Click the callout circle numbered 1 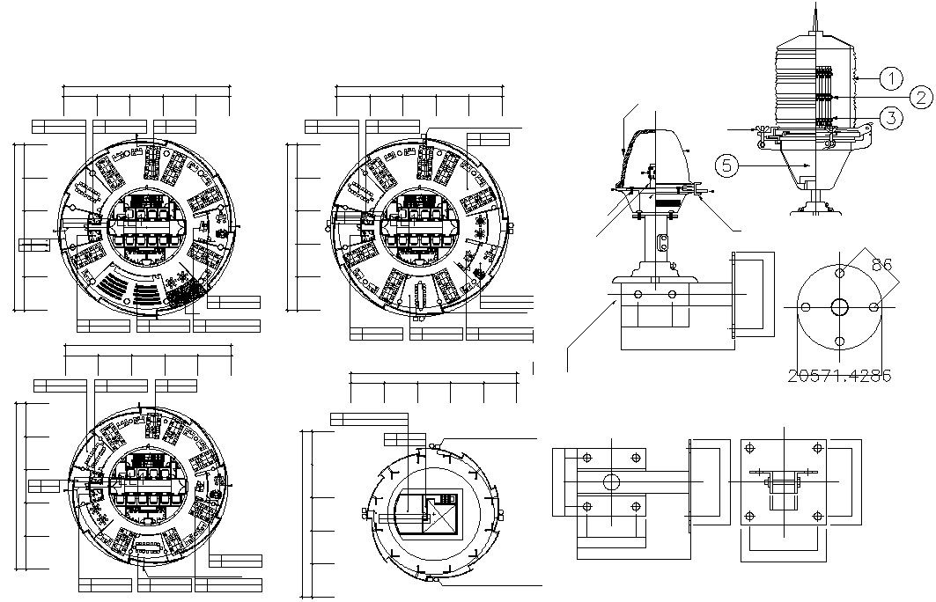coord(892,78)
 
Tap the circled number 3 coord(892,118)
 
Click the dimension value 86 coord(881,263)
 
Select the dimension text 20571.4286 coord(839,375)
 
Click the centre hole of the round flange coord(839,306)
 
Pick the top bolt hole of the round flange coord(839,273)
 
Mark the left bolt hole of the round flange coord(804,306)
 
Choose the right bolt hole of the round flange coord(873,306)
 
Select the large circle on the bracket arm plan coord(610,482)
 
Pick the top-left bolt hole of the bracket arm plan coord(586,457)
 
